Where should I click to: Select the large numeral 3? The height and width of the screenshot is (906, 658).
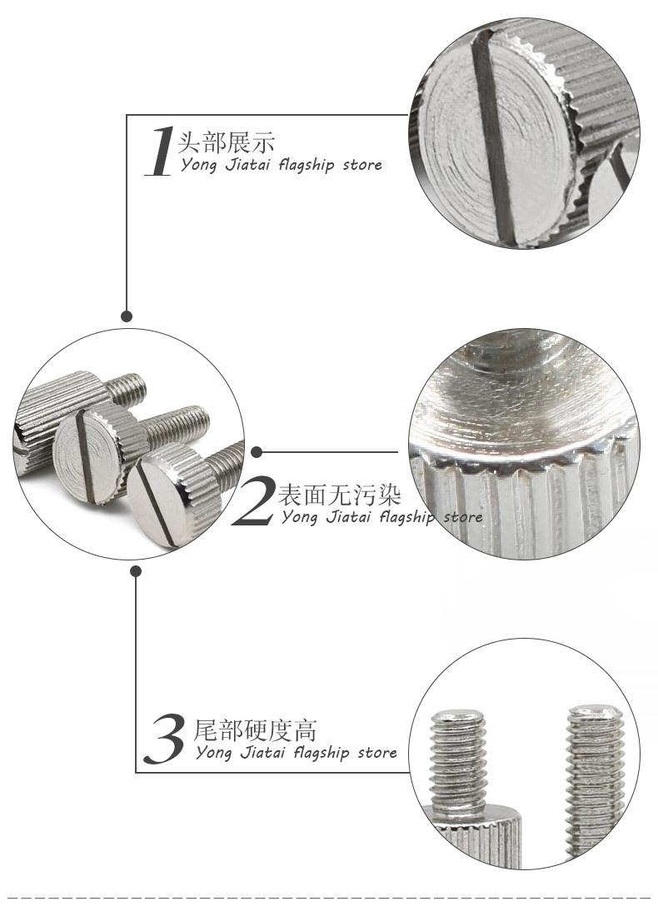[x=165, y=739]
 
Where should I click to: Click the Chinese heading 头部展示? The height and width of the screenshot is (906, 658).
[x=226, y=142]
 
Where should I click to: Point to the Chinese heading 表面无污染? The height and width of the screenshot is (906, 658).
[x=339, y=495]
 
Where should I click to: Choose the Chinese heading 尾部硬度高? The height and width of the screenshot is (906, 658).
[x=255, y=730]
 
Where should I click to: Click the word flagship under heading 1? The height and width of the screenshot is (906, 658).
[x=307, y=165]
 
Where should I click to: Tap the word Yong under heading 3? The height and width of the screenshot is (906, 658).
[x=214, y=754]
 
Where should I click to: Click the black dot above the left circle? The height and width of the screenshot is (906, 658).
[x=127, y=316]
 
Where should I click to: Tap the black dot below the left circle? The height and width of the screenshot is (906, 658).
[x=136, y=571]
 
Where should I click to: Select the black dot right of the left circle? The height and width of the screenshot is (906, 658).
[x=257, y=452]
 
